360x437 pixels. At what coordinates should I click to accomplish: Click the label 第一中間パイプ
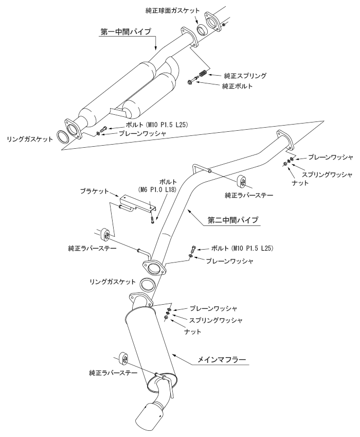click(x=125, y=32)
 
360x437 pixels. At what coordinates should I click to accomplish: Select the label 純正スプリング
click(x=245, y=75)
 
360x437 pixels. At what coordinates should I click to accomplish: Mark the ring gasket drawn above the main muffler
click(x=149, y=284)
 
